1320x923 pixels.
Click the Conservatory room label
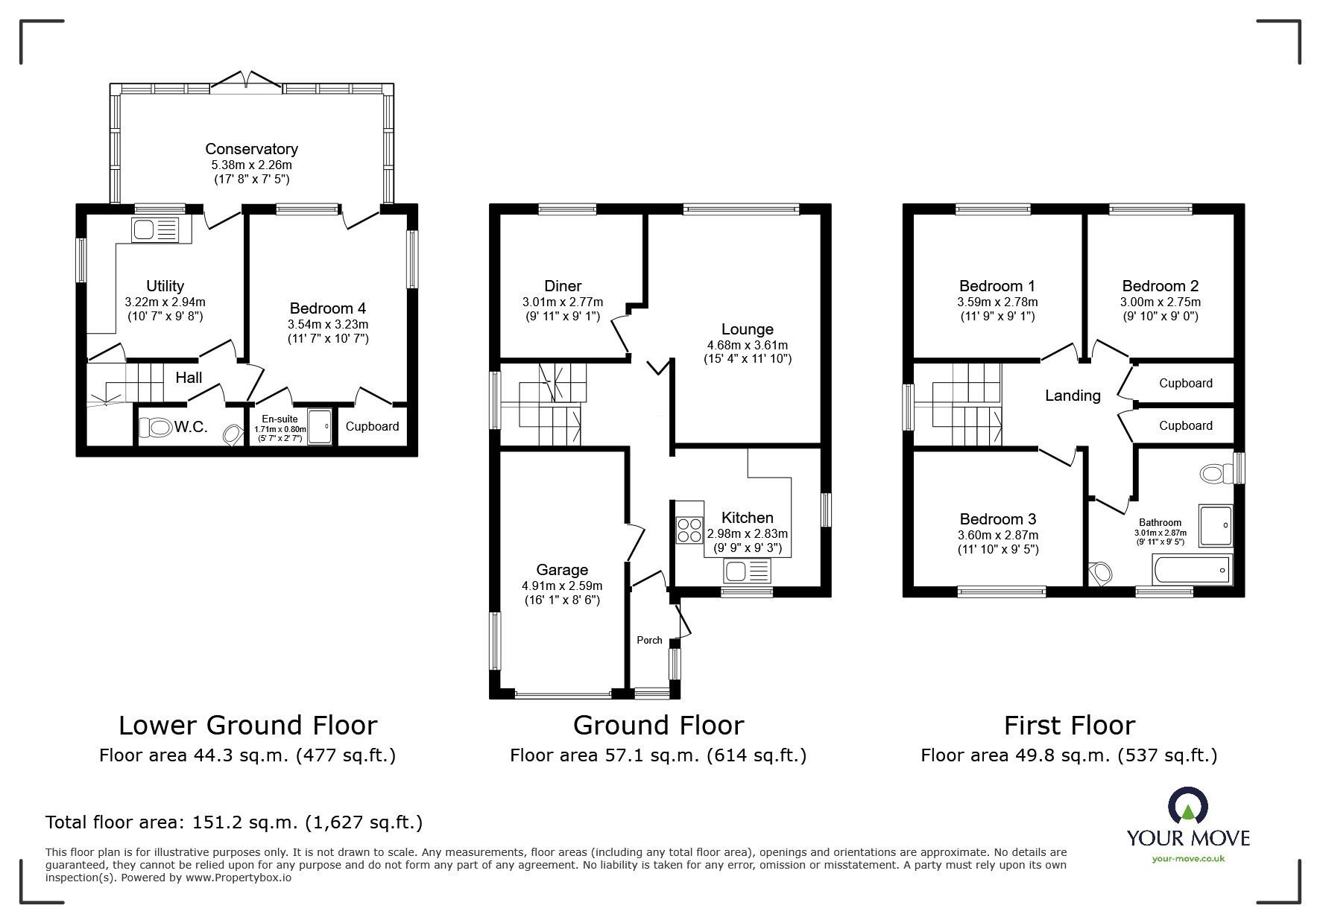tap(251, 149)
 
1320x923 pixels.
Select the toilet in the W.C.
tap(159, 427)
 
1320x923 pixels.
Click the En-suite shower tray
tap(320, 426)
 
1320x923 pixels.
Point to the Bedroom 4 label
tap(328, 308)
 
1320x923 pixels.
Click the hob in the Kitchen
tap(689, 529)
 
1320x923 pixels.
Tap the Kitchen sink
tap(747, 572)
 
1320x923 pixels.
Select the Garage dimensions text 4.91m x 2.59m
tap(562, 586)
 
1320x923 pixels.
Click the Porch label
tap(649, 640)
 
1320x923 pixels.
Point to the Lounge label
tap(748, 329)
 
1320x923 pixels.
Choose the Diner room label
tap(563, 286)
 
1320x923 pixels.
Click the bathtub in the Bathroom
tap(1192, 570)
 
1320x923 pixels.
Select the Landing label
tap(1073, 396)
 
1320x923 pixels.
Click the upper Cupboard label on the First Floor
tap(1185, 383)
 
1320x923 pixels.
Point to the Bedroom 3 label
tap(998, 519)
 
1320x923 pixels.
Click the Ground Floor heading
tap(658, 725)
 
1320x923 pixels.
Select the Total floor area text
tap(234, 822)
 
